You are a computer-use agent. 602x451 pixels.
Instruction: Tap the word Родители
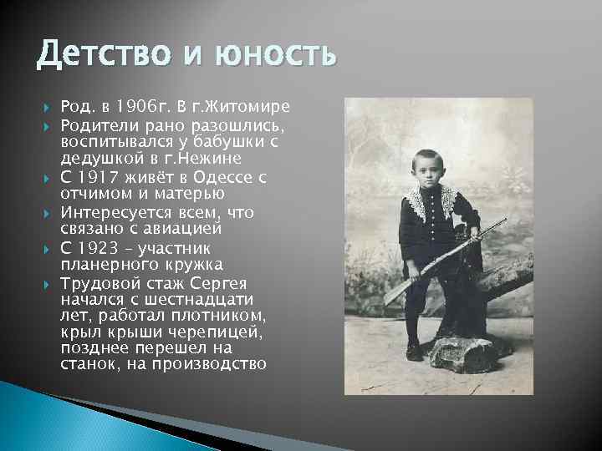[98, 124]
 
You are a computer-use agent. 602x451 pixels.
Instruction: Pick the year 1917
[98, 177]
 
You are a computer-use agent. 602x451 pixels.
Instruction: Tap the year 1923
[98, 248]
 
